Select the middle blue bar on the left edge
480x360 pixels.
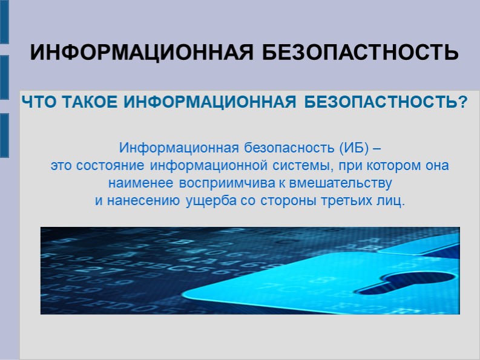(4, 78)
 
